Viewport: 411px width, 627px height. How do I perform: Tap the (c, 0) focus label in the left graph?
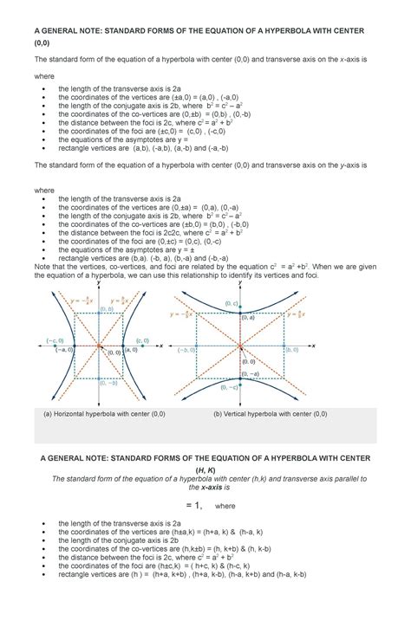[x=142, y=341]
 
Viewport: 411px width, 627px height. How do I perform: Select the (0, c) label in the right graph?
[x=230, y=302]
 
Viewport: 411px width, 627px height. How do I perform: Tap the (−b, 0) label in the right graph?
[x=186, y=350]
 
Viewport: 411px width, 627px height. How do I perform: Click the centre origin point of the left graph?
[x=100, y=346]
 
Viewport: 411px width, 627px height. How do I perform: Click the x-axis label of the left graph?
[x=162, y=346]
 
